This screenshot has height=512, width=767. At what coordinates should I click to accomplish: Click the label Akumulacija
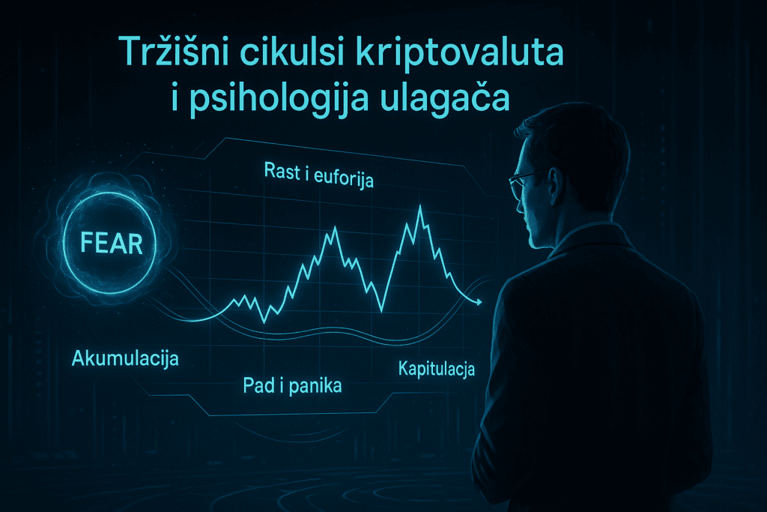[x=125, y=358]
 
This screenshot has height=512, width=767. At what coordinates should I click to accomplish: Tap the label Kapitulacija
[x=437, y=369]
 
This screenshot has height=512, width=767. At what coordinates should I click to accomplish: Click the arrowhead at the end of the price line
[x=476, y=301]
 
